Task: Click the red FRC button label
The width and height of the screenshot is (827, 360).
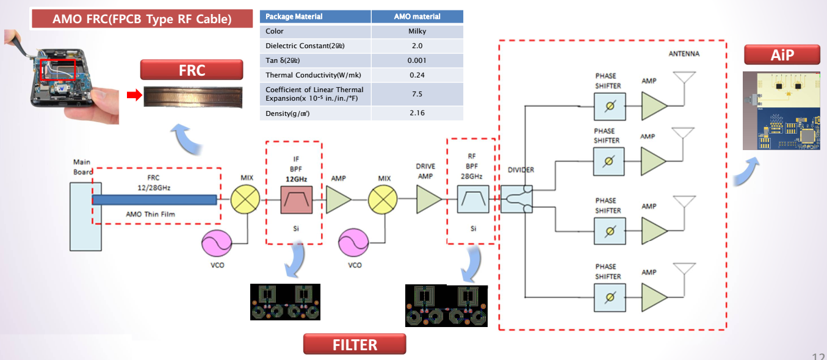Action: coord(192,70)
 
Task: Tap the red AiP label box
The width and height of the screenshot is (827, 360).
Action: coord(781,56)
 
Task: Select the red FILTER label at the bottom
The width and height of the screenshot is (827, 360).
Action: coord(355,345)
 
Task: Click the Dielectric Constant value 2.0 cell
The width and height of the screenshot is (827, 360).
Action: coord(417,46)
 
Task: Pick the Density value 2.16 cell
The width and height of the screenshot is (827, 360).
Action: coord(417,113)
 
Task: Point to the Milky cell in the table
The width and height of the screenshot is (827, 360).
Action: coord(417,31)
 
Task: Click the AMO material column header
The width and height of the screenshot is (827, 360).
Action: coord(417,16)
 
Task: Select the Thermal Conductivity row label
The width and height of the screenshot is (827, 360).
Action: coord(316,75)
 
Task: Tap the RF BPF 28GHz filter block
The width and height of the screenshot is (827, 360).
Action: coord(473,200)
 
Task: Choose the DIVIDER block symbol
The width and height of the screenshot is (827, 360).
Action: coord(517,200)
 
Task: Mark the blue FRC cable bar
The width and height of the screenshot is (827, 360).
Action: coord(155,200)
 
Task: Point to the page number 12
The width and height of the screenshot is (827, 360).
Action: coord(819,356)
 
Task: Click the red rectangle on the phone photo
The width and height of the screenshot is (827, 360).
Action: coord(58,70)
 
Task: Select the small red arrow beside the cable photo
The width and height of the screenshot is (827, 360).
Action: coord(134,95)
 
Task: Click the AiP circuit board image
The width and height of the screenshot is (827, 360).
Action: coord(784,110)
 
